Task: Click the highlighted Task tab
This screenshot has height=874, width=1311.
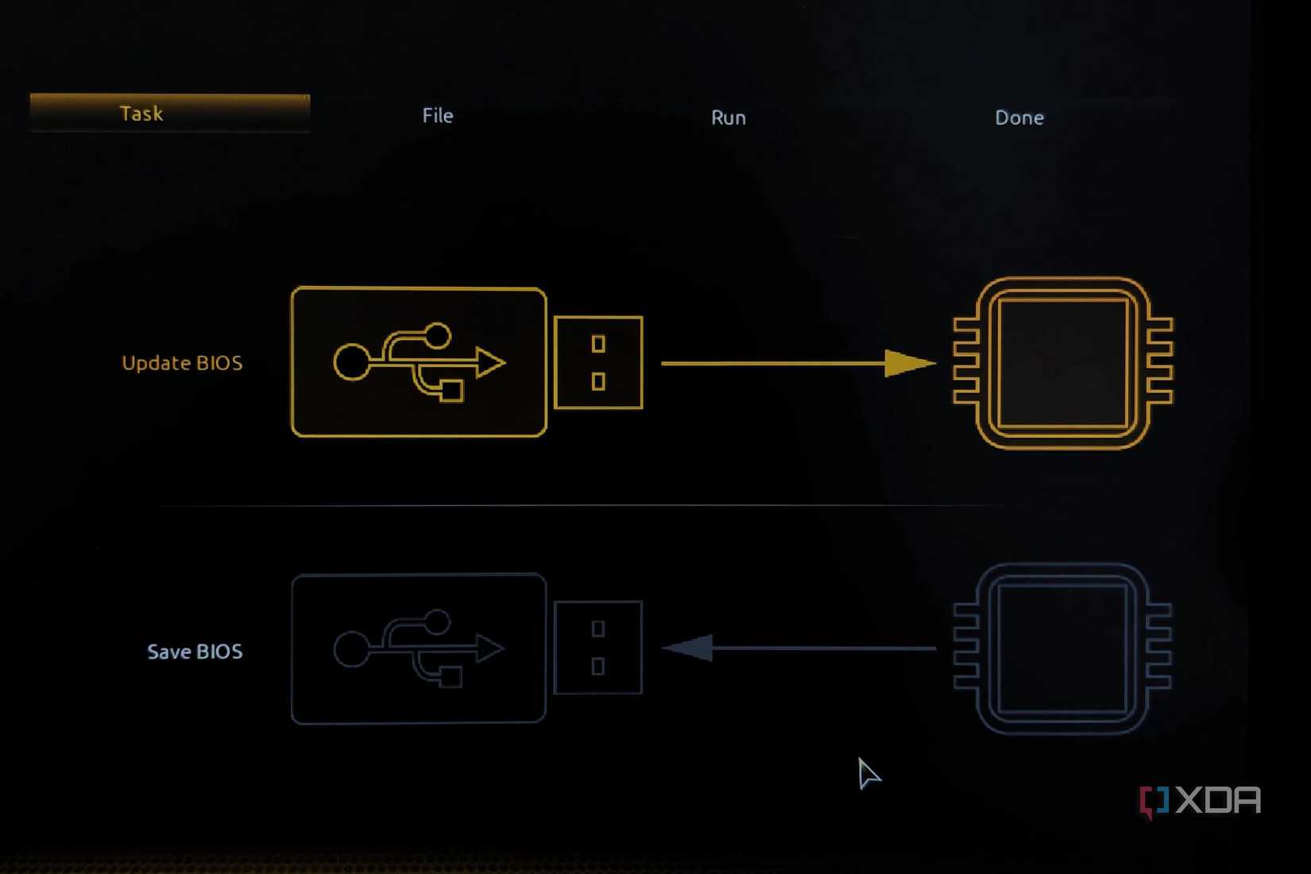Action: click(170, 113)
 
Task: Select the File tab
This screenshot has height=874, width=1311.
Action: click(438, 115)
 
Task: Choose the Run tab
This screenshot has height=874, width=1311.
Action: click(728, 118)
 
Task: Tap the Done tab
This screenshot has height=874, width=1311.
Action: click(1019, 118)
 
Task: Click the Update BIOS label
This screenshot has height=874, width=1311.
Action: click(182, 363)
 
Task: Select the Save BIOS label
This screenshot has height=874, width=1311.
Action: click(195, 652)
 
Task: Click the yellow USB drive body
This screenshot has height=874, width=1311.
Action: click(419, 362)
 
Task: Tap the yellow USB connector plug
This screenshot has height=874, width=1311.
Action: click(598, 362)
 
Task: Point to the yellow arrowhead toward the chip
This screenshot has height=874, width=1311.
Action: click(910, 364)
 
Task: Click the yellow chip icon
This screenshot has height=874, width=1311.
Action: click(1063, 363)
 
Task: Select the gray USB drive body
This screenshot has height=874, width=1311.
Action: click(419, 648)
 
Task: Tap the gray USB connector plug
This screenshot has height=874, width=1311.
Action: click(598, 648)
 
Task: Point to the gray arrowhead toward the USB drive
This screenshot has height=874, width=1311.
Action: click(687, 648)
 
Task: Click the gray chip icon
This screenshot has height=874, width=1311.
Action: click(1062, 648)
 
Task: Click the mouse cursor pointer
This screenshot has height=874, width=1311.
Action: click(869, 773)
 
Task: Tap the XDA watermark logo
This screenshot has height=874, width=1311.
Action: click(1200, 802)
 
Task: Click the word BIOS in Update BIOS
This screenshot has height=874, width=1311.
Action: click(219, 363)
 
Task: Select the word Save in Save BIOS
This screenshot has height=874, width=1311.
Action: click(168, 652)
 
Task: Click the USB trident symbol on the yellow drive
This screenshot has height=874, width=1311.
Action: click(419, 362)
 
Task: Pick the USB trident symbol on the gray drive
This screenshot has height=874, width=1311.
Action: click(419, 648)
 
